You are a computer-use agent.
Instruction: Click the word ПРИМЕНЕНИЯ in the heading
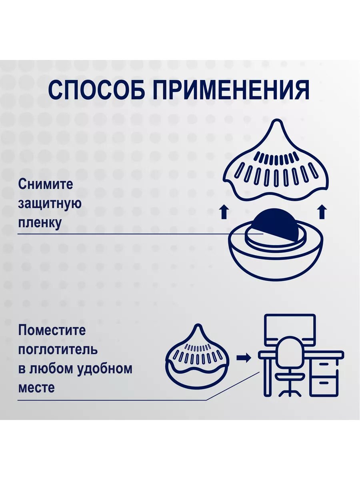[x=232, y=90]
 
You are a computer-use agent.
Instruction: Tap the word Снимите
[x=46, y=184]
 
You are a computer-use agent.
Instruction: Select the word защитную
[x=50, y=203]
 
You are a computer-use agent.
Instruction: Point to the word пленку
[x=40, y=222]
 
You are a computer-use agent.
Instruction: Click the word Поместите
[x=52, y=331]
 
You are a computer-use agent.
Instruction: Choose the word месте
[x=36, y=387]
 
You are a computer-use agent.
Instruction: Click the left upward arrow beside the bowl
[x=224, y=212]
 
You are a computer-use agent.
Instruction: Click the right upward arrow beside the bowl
[x=322, y=212]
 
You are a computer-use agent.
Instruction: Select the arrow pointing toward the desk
[x=244, y=357]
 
